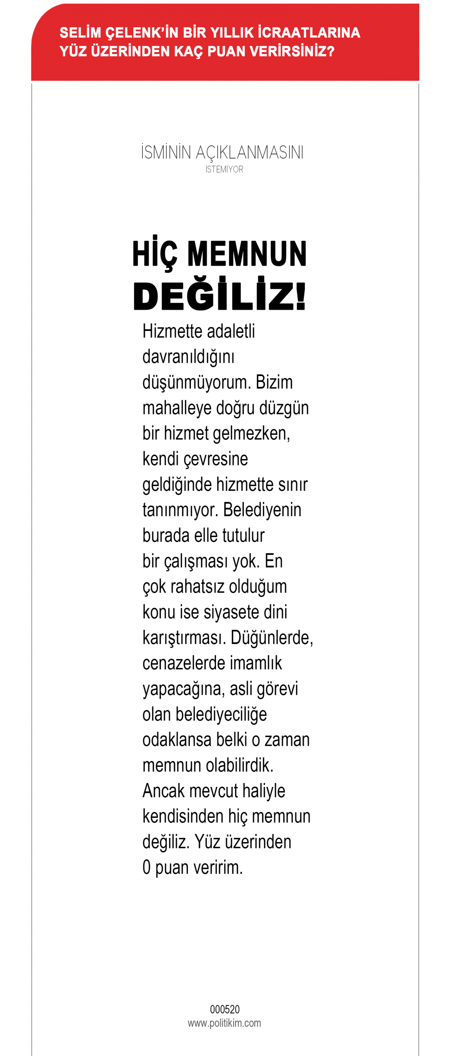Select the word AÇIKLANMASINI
(249, 152)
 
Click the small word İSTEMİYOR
(224, 169)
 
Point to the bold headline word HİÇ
(155, 255)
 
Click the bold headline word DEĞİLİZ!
(220, 296)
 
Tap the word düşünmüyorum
(196, 382)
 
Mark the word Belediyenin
(262, 510)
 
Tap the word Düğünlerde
(272, 638)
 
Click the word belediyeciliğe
(221, 714)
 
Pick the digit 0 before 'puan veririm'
(147, 868)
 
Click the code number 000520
(225, 1009)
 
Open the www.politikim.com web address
(224, 1023)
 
